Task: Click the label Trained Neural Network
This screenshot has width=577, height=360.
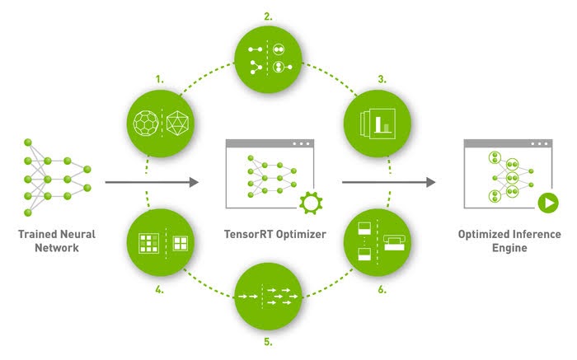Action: tap(57, 241)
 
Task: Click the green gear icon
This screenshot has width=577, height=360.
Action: tap(310, 201)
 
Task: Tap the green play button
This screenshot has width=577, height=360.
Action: tap(545, 202)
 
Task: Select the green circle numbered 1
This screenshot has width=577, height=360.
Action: tap(162, 124)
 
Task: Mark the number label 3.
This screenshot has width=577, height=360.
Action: tap(382, 79)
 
